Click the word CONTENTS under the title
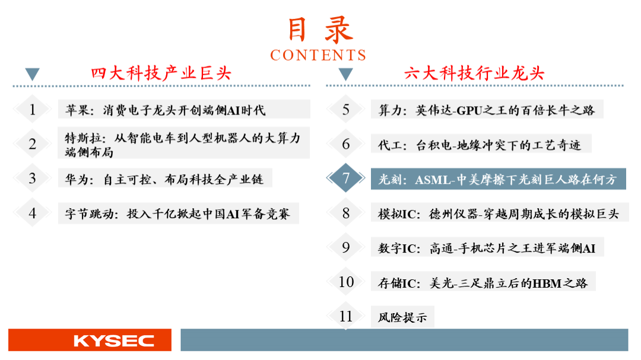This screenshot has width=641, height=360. coord(318,55)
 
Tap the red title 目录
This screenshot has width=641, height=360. coord(320,30)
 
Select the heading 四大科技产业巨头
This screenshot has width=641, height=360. coord(161,74)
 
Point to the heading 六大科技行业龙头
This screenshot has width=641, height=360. coord(474,74)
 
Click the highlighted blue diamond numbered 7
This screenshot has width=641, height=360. coord(345,178)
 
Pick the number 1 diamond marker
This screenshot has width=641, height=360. coord(32,110)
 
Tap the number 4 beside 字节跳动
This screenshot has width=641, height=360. coord(32,213)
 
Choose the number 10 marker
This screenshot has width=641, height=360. coord(346,282)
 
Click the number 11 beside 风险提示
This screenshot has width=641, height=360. coord(346,316)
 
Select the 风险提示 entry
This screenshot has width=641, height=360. coord(402,317)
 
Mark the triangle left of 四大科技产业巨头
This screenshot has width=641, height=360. coord(32,74)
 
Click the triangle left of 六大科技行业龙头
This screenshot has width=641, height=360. coord(346,74)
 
